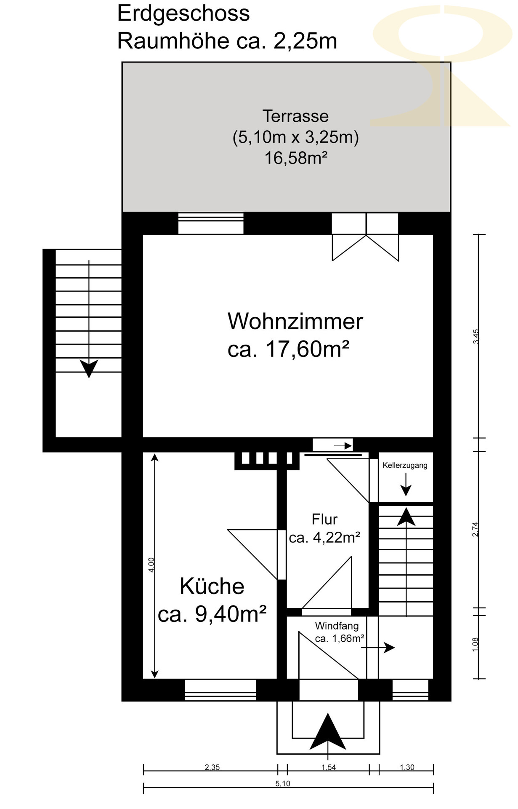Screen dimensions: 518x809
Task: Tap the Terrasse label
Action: tap(295, 116)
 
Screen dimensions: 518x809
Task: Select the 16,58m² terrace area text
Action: tap(296, 158)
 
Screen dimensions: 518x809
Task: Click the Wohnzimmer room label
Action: tap(295, 321)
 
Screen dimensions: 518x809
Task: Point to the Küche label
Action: tap(212, 586)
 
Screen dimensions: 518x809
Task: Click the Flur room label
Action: tap(324, 519)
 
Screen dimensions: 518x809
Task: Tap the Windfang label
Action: tap(337, 626)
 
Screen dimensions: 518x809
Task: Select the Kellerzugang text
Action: tap(405, 465)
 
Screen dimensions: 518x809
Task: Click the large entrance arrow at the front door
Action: tap(328, 732)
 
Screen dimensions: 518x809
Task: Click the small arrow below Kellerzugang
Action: tap(406, 485)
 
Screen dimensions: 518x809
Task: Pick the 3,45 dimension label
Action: tap(476, 337)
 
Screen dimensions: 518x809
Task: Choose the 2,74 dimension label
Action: tap(475, 529)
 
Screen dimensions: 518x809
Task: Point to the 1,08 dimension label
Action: tap(475, 644)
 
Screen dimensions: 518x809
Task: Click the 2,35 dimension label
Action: tap(212, 767)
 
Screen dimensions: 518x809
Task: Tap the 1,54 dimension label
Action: tap(329, 767)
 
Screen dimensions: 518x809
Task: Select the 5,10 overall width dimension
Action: tap(283, 784)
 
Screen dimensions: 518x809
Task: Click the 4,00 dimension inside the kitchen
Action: tap(151, 565)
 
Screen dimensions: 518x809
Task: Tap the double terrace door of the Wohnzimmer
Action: tap(365, 236)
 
